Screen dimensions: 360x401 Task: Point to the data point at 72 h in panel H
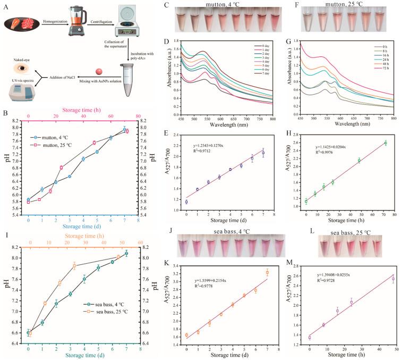click(x=385, y=143)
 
